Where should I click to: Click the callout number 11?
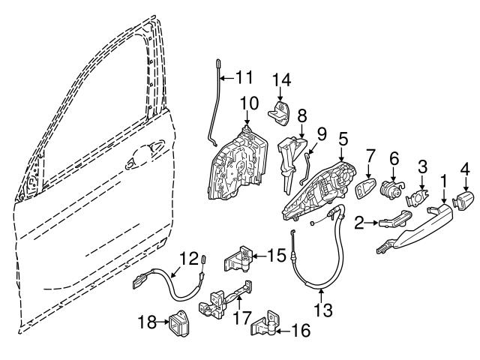pyautogui.click(x=244, y=76)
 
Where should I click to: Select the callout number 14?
pyautogui.click(x=280, y=79)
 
